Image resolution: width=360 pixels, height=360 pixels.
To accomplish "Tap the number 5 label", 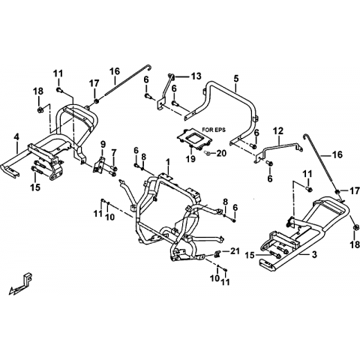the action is click(x=236, y=79).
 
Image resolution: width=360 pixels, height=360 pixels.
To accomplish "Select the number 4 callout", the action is click(x=16, y=137).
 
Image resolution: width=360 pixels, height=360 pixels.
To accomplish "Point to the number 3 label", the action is click(x=314, y=255).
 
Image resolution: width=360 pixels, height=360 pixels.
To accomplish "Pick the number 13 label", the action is click(x=196, y=76).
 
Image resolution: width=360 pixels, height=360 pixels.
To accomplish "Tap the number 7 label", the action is click(x=114, y=153).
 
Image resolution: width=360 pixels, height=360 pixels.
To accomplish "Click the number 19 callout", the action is click(x=190, y=158).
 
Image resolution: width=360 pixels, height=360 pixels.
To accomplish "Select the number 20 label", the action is click(x=221, y=153).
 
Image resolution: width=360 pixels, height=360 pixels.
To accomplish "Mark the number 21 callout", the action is click(x=235, y=251).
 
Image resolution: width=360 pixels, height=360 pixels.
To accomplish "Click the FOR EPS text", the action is click(x=214, y=130).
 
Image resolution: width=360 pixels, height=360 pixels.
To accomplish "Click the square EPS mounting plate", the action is click(x=194, y=138).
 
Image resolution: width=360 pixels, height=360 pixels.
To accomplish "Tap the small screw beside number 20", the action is click(x=208, y=152).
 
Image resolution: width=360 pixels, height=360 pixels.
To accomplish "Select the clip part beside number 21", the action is click(x=217, y=253).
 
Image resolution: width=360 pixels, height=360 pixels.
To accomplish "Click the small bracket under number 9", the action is click(x=99, y=165).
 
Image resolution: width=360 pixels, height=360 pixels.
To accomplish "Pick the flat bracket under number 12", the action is click(x=278, y=152).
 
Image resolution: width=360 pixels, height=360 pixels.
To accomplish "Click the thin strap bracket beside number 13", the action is click(x=165, y=91).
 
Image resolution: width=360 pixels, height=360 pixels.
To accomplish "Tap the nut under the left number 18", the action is click(x=40, y=109).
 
